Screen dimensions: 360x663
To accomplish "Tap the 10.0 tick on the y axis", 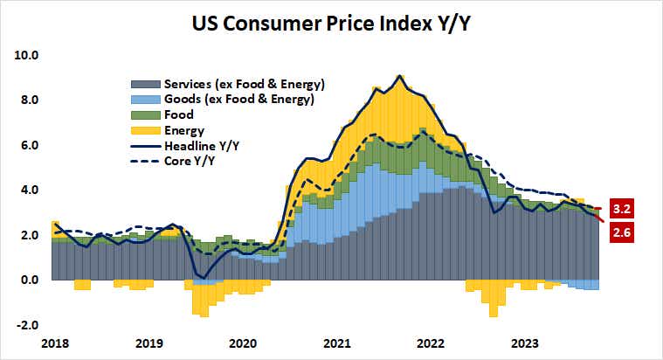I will tap(27, 55).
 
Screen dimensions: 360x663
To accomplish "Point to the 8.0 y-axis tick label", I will tap(29, 100).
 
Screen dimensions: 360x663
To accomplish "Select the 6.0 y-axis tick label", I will tap(29, 145).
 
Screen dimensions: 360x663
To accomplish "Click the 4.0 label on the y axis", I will tap(29, 190).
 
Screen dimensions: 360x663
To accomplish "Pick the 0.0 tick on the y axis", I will tap(29, 280).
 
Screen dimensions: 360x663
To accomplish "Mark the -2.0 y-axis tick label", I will tap(27, 325).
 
